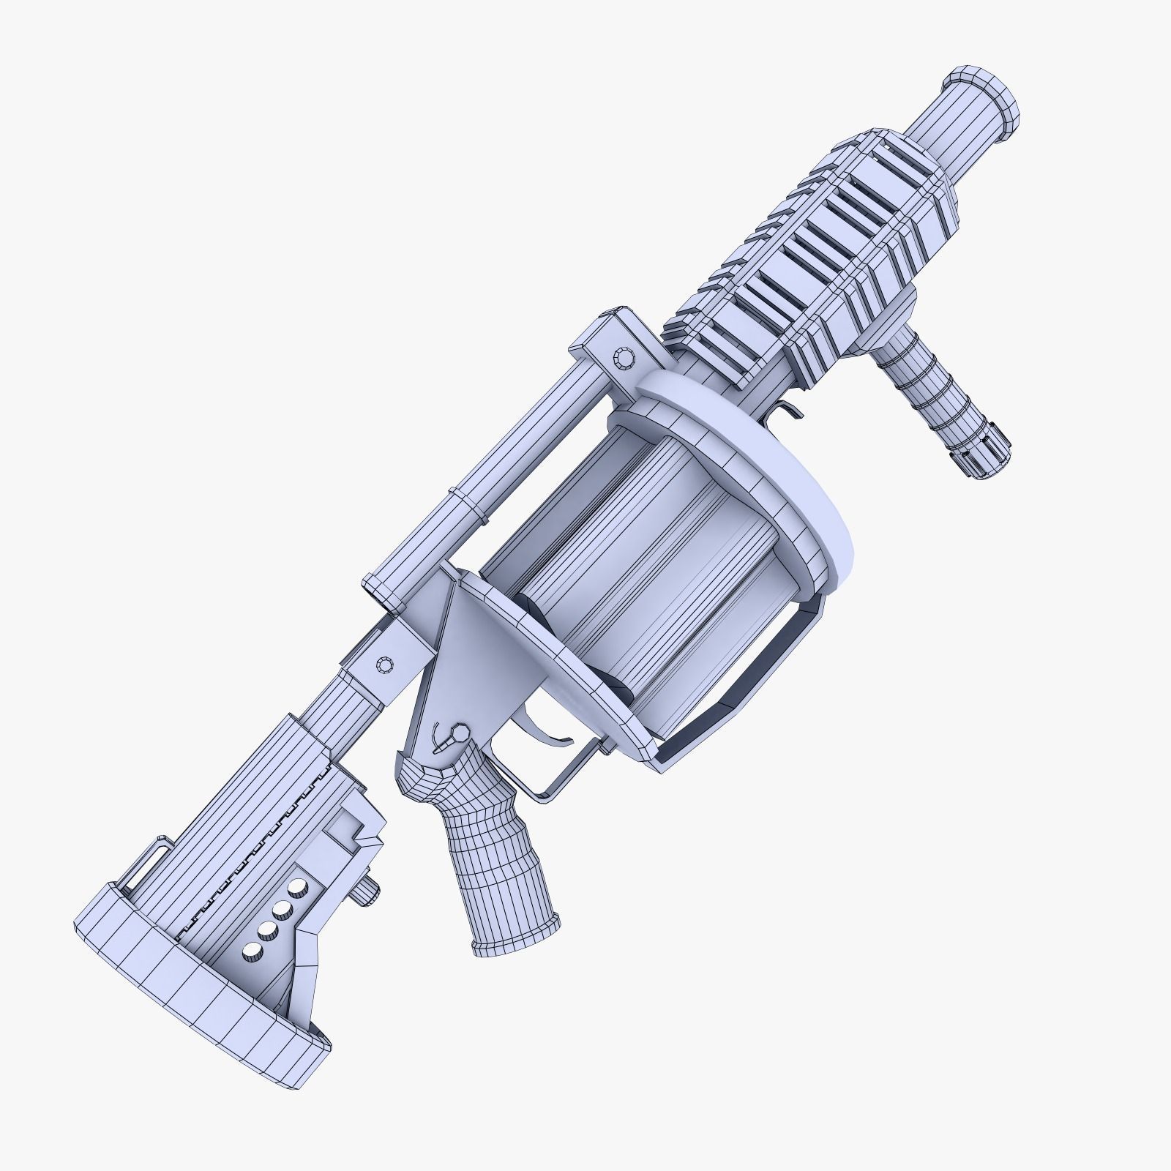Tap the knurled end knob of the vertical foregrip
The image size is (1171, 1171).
[x=981, y=447]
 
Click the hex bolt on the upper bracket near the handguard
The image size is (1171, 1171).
[x=624, y=359]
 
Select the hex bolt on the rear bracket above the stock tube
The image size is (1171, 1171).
[x=385, y=665]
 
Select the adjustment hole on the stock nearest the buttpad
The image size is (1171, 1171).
[x=253, y=950]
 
